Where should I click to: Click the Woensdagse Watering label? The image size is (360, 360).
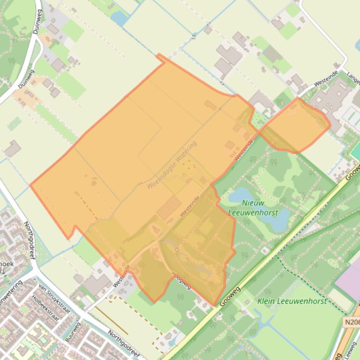pyautogui.click(x=171, y=165)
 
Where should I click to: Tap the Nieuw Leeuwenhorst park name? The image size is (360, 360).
pyautogui.click(x=253, y=208)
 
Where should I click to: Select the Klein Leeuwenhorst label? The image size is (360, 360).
pyautogui.click(x=292, y=301)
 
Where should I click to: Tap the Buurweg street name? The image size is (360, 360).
pyautogui.click(x=73, y=332)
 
